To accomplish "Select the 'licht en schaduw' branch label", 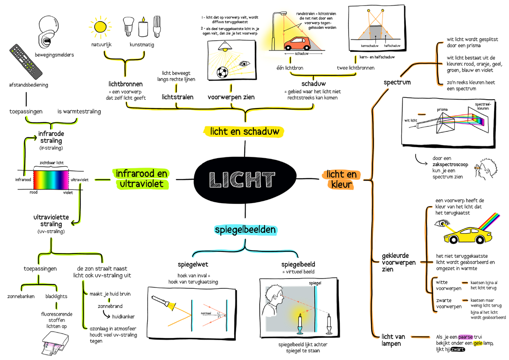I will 244,131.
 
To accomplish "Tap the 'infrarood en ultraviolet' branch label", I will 141,179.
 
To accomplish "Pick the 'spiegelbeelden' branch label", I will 245,230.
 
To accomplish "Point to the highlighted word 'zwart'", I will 457,350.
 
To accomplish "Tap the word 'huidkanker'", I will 124,316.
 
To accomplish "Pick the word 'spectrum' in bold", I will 397,82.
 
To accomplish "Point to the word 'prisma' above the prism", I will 442,109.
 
